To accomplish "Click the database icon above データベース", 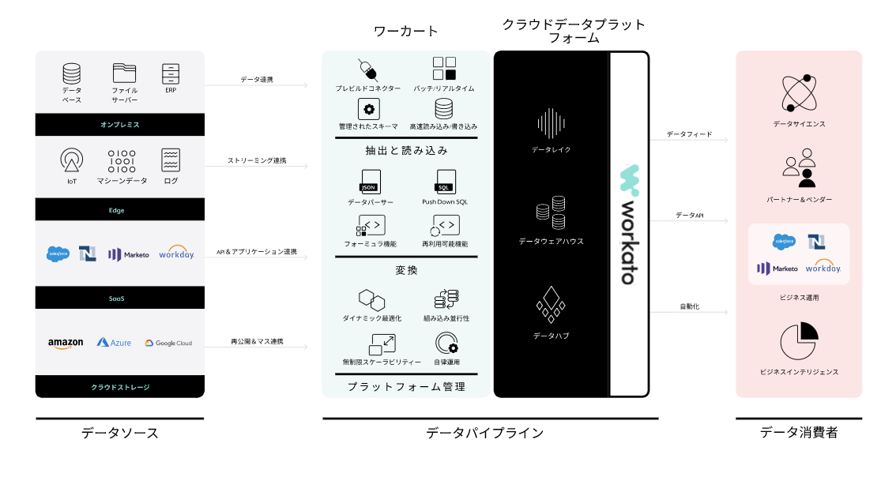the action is coord(71,73).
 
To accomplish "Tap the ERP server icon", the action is coord(171,73).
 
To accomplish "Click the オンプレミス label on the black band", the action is coord(120,125).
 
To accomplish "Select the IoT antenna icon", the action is coord(71,160).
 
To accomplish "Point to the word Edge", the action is coord(117,210).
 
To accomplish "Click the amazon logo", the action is coord(66,343).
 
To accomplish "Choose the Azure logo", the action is coord(114,343).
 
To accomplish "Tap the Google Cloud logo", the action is coord(168,343).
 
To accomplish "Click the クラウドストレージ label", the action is coord(120,387).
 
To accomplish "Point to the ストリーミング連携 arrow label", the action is coord(257,160).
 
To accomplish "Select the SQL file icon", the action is coord(445,182).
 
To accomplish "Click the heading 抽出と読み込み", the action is coord(406,151).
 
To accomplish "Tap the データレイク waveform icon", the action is coord(551,123).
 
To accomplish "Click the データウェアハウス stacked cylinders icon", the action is coord(551,213).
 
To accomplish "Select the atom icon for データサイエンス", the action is coord(799,93).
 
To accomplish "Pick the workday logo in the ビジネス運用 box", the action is coord(823,268).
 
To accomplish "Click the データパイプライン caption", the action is coord(484,433).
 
